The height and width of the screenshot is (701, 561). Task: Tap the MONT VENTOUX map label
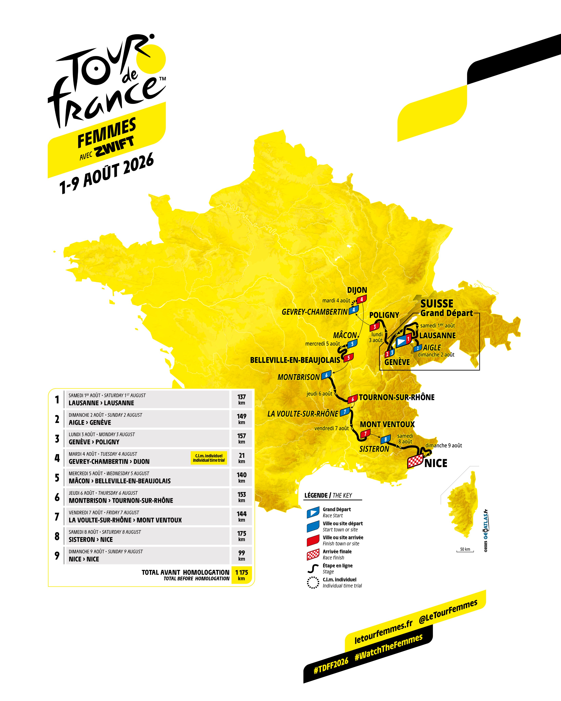pyautogui.click(x=387, y=424)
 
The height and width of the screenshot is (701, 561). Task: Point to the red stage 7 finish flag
pyautogui.click(x=365, y=433)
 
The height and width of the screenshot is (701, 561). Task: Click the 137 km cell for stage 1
pyautogui.click(x=241, y=399)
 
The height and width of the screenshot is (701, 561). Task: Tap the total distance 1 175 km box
pyautogui.click(x=241, y=575)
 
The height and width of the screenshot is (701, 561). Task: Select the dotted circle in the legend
pyautogui.click(x=313, y=582)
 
